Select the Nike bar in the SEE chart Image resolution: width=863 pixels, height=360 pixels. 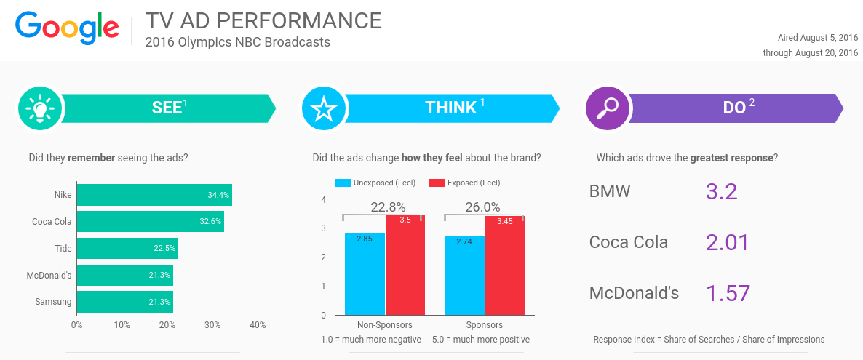pos(154,195)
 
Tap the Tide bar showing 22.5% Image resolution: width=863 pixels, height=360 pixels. pos(127,248)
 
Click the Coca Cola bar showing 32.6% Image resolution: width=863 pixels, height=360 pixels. pos(150,222)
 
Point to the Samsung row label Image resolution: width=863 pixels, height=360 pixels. pos(53,302)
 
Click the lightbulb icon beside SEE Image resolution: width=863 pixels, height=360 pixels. pos(39,109)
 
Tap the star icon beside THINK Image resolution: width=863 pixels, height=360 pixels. pos(323,109)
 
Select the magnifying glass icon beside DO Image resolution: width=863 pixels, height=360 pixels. pos(607,109)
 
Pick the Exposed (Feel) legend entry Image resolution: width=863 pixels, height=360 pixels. pos(465,183)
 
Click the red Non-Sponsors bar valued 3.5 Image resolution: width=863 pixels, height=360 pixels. pos(405,265)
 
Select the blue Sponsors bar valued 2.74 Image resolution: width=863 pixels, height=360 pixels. pos(464,276)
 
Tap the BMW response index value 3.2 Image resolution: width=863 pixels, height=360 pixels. pos(721,191)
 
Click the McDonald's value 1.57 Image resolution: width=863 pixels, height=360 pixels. pos(728,293)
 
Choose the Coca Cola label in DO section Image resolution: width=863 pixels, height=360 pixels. pos(628,242)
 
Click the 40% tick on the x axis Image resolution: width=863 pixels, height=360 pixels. pos(258,325)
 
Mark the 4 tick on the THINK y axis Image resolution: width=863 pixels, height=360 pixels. pos(323,199)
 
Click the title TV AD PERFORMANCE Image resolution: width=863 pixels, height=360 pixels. pos(263,20)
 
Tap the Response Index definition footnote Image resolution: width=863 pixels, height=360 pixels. pos(709,340)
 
